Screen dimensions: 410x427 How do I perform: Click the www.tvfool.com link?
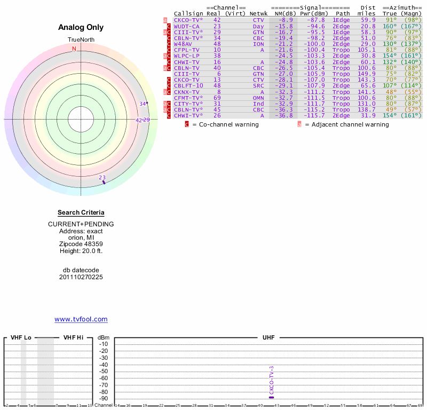pos(81,319)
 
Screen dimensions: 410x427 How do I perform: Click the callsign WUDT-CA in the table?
pos(186,26)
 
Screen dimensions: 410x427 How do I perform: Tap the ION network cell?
pos(258,44)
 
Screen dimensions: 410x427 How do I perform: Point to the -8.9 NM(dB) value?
pos(283,20)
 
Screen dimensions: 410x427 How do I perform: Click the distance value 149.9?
pos(367,74)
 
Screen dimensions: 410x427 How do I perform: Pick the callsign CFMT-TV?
pos(187,98)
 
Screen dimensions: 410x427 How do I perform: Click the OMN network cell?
pos(258,98)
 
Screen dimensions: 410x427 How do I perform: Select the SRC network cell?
pos(258,85)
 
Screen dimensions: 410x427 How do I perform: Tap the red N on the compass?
pos(74,49)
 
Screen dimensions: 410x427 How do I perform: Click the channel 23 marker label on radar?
pos(102,178)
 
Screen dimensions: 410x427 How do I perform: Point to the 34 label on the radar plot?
pos(143,104)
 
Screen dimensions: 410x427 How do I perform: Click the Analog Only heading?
pos(81,28)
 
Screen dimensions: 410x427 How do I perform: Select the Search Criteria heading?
pos(81,212)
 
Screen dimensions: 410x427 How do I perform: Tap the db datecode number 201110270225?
pos(81,277)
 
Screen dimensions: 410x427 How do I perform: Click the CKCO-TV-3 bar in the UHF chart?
pos(272,397)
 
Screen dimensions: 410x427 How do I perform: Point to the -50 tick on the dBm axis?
pos(104,371)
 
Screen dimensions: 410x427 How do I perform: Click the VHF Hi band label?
pos(73,337)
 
